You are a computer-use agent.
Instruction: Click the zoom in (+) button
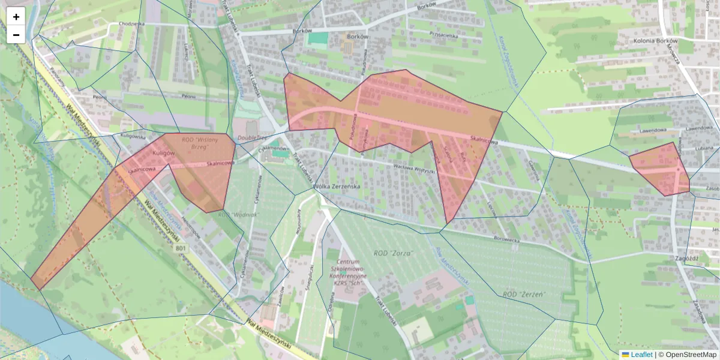pos(16,17)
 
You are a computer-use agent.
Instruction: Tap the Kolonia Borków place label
pos(655,41)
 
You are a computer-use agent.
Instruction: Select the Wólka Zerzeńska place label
pos(337,187)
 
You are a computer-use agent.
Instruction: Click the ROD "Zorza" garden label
pos(394,253)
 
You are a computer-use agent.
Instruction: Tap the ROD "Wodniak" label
pos(238,214)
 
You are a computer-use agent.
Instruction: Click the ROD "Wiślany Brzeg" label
pos(199,143)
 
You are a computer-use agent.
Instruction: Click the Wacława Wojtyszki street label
pos(413,168)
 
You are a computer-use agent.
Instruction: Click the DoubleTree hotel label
pos(253,137)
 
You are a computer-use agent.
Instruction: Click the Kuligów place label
pos(163,154)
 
